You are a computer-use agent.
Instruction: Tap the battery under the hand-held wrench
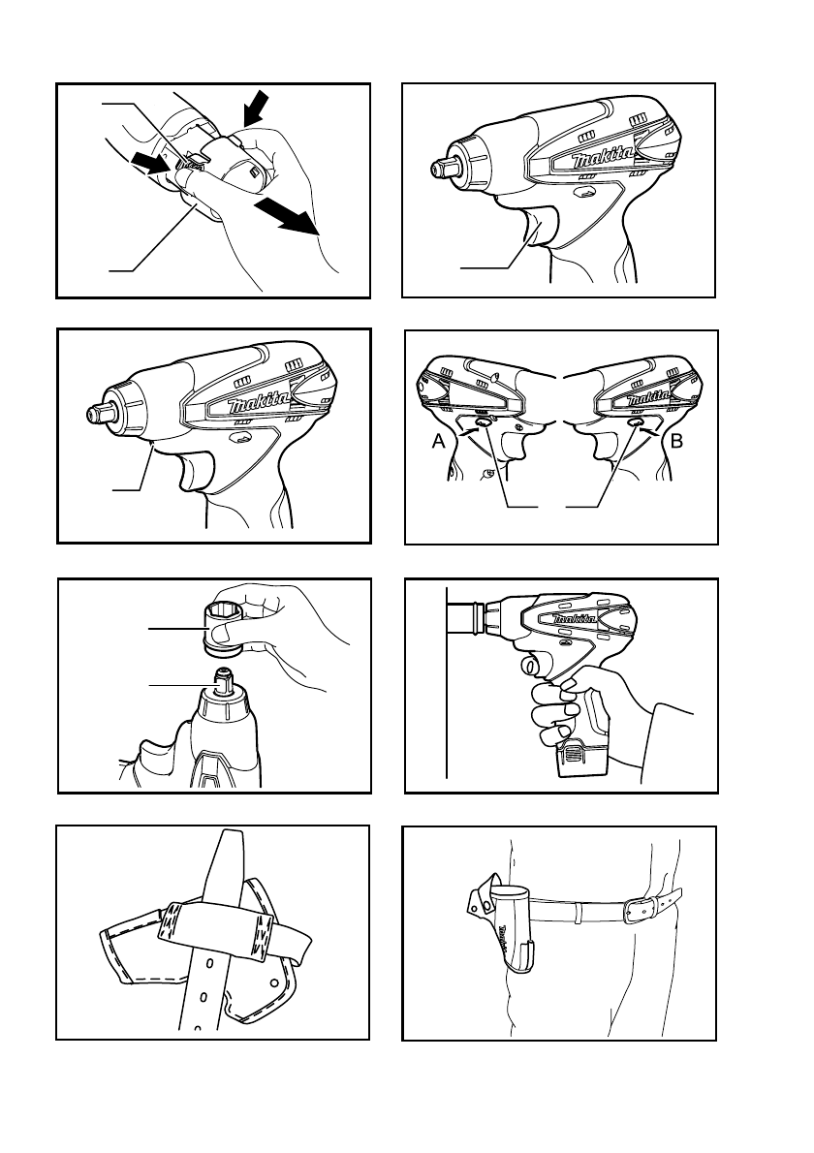(x=586, y=759)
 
